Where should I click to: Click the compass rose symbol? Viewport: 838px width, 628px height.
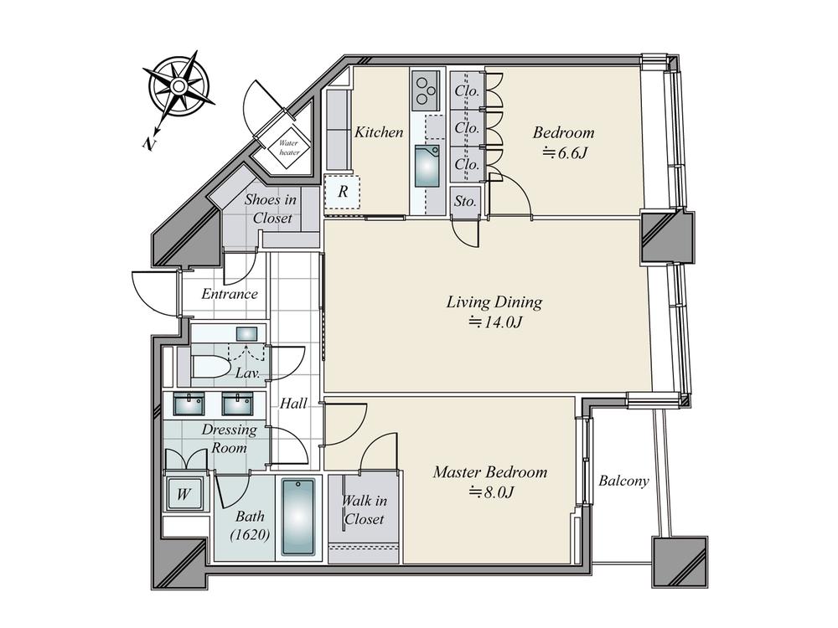point(178,86)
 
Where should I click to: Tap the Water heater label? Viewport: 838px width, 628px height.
point(288,147)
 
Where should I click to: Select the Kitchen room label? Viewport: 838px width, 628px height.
point(379,132)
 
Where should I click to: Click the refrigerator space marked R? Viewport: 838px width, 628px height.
point(343,192)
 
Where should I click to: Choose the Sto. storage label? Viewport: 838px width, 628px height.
point(465,201)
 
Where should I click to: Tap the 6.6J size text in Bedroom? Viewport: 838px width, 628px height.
point(566,154)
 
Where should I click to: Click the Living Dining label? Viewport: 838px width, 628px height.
point(494,302)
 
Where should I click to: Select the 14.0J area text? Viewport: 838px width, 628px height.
point(494,322)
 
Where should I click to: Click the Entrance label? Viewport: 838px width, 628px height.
point(230,294)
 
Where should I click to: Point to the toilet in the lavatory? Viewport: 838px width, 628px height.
point(210,367)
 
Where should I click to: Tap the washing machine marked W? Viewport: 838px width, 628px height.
point(184,494)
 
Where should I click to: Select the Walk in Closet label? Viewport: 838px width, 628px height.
point(364,510)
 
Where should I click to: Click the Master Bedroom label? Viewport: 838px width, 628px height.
point(490,472)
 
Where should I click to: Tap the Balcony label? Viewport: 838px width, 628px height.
point(623,481)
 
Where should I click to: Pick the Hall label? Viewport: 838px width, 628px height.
point(293,404)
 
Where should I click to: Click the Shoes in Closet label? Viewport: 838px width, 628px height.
point(271,208)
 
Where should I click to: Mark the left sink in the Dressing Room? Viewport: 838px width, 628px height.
point(189,404)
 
